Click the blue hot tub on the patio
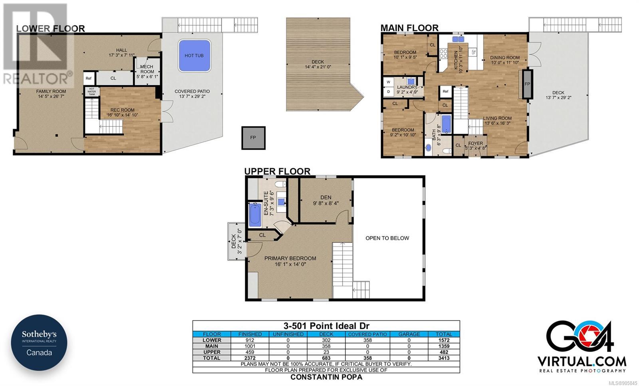194,56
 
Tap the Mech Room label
147,72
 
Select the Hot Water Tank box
92,92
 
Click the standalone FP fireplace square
253,138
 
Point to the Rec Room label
122,112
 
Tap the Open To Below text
387,238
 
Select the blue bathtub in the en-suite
255,214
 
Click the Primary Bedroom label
290,261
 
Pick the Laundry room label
407,90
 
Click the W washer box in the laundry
388,82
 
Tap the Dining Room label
505,60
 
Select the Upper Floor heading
277,171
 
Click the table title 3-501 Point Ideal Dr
326,326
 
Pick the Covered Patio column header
367,334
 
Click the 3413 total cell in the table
444,358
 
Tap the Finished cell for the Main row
250,346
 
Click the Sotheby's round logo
39,343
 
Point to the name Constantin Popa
326,377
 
